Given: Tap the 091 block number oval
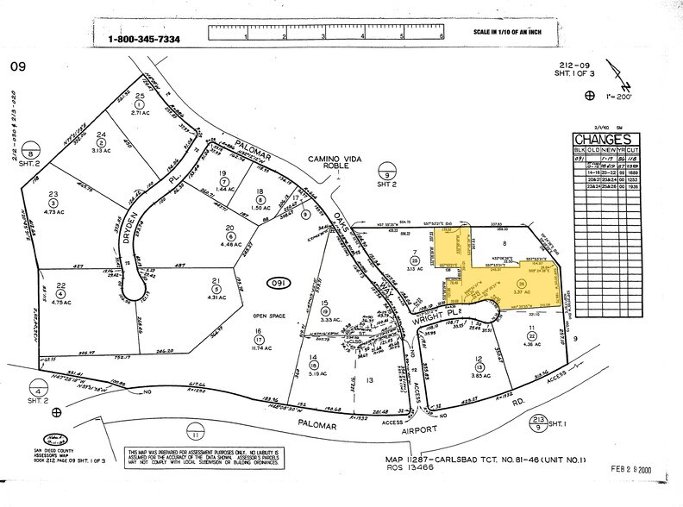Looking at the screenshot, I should [x=277, y=283].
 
